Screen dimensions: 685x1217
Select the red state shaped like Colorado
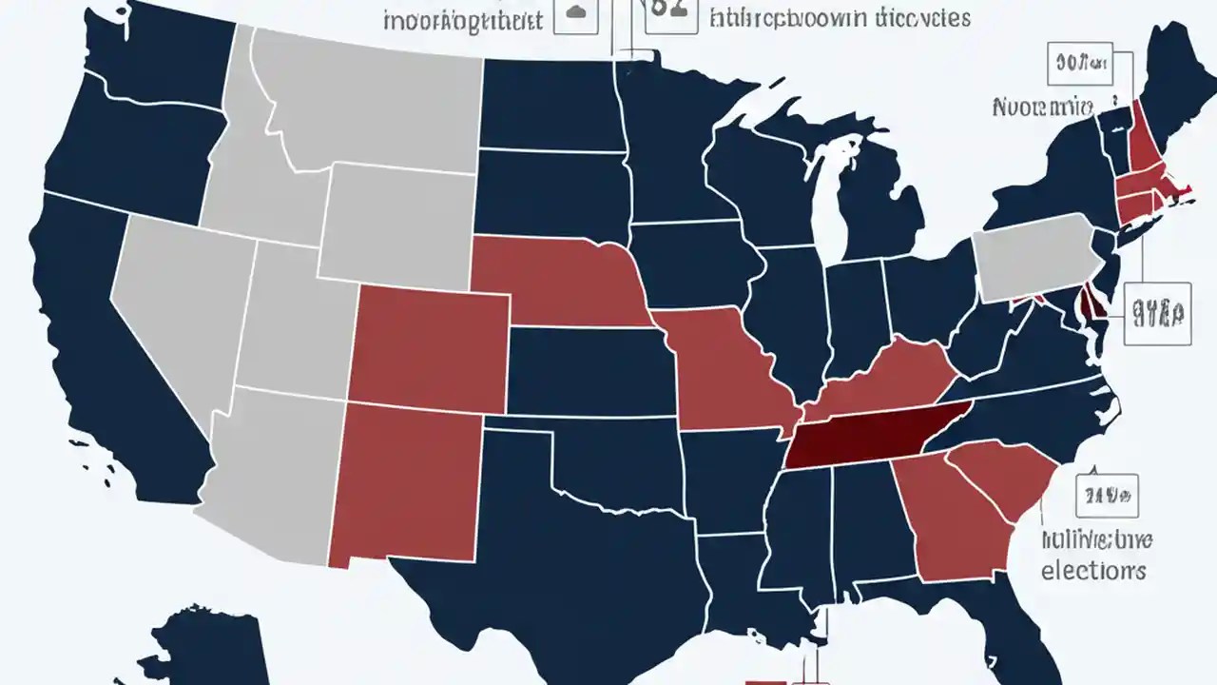coord(428,342)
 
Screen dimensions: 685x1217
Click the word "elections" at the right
coord(1092,570)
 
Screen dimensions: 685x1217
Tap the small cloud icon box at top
coord(575,13)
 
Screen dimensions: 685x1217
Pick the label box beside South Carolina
coord(1107,496)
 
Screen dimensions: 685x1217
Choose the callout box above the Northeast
coord(1078,64)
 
